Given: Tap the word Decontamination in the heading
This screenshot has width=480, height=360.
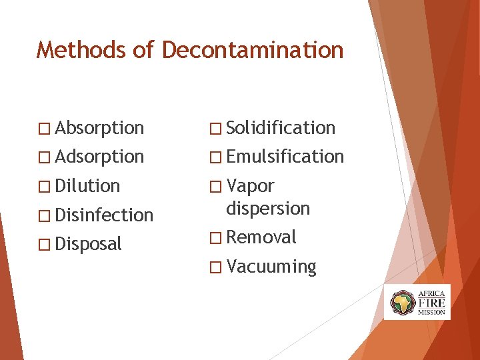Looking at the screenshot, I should (x=253, y=50).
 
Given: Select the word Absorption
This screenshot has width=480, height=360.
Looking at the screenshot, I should (x=100, y=127).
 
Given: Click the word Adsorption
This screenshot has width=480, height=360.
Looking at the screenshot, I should (x=100, y=157).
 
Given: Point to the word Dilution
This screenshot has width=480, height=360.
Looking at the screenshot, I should (x=88, y=186).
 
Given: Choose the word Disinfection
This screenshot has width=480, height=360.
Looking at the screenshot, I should (x=105, y=215).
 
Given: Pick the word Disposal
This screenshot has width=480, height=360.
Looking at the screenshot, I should (x=89, y=245).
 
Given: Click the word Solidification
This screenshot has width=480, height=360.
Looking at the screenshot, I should (x=281, y=127).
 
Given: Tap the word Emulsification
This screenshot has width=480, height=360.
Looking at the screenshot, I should (x=285, y=157).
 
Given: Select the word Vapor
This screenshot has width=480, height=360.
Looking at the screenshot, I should (x=250, y=186).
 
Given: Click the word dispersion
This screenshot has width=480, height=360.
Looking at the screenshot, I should (x=268, y=209).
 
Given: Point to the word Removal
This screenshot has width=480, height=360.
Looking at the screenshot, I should (x=261, y=237).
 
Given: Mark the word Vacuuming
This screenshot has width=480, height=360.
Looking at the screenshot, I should (x=271, y=267).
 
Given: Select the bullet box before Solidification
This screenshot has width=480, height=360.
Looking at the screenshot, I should (x=215, y=128).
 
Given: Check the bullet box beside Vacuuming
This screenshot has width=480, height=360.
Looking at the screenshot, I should (x=215, y=267).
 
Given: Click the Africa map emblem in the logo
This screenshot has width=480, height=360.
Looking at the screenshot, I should (x=402, y=302).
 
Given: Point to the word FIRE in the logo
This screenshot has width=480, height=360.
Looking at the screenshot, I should (x=431, y=302).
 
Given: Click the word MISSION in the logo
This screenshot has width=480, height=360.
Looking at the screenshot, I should (x=431, y=312).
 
